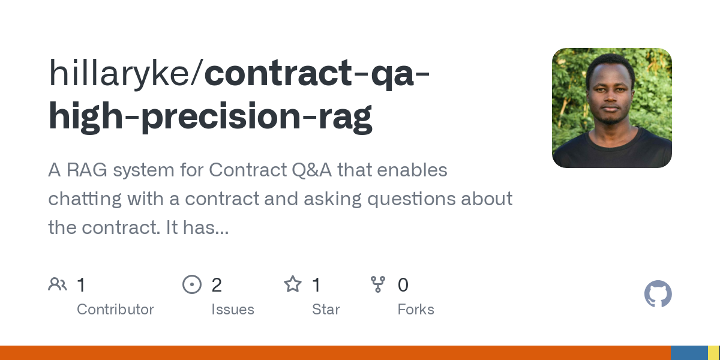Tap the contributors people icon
(x=58, y=284)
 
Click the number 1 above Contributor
(x=81, y=285)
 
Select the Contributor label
(x=115, y=310)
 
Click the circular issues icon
(x=191, y=284)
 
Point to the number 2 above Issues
(x=217, y=285)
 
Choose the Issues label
(x=233, y=310)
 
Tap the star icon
(x=292, y=284)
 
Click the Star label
(x=326, y=310)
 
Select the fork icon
(x=378, y=284)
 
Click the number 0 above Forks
(x=403, y=285)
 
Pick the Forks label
(x=416, y=310)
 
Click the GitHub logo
(x=658, y=294)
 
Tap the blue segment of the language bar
(x=689, y=353)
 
